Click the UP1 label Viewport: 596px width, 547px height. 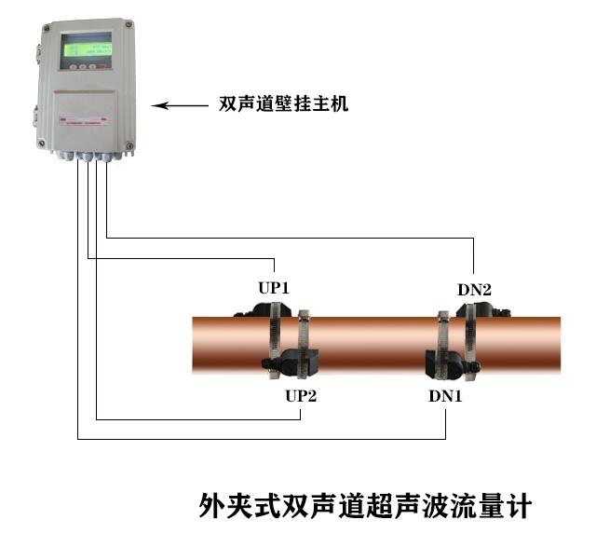coord(274,288)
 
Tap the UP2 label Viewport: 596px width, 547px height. coord(301,396)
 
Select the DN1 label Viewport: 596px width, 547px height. coord(445,396)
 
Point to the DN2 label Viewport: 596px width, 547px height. coord(474,290)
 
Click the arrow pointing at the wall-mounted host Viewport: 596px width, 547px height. coord(180,105)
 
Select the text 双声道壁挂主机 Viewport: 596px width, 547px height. coord(283,103)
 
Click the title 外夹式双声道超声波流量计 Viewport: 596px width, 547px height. coord(365,506)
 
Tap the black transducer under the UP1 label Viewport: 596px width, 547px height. coord(263,309)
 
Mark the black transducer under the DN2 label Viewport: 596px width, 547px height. coord(483,309)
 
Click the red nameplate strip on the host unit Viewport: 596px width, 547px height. coord(84,121)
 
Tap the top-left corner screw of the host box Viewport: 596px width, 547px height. coord(47,28)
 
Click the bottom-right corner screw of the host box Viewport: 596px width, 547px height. coord(129,145)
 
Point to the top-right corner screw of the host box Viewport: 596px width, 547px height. coord(129,24)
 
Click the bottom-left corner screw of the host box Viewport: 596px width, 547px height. coord(41,143)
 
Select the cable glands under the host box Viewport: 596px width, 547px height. coord(90,156)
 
